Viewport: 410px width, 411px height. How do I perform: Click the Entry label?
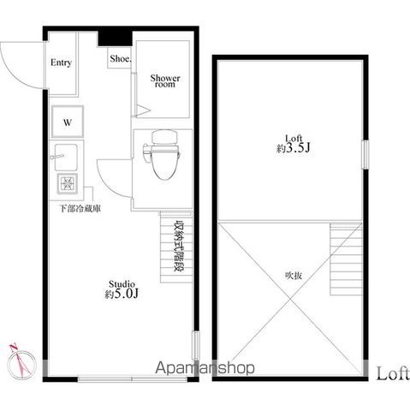(61, 63)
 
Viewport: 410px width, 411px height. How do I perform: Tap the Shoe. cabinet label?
(118, 60)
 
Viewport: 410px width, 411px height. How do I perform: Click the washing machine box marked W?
(66, 122)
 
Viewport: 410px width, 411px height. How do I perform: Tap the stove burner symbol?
(67, 184)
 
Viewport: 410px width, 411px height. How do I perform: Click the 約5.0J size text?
(121, 295)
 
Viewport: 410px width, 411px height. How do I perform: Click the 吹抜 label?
(294, 276)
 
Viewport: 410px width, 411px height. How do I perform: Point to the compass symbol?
(21, 360)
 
